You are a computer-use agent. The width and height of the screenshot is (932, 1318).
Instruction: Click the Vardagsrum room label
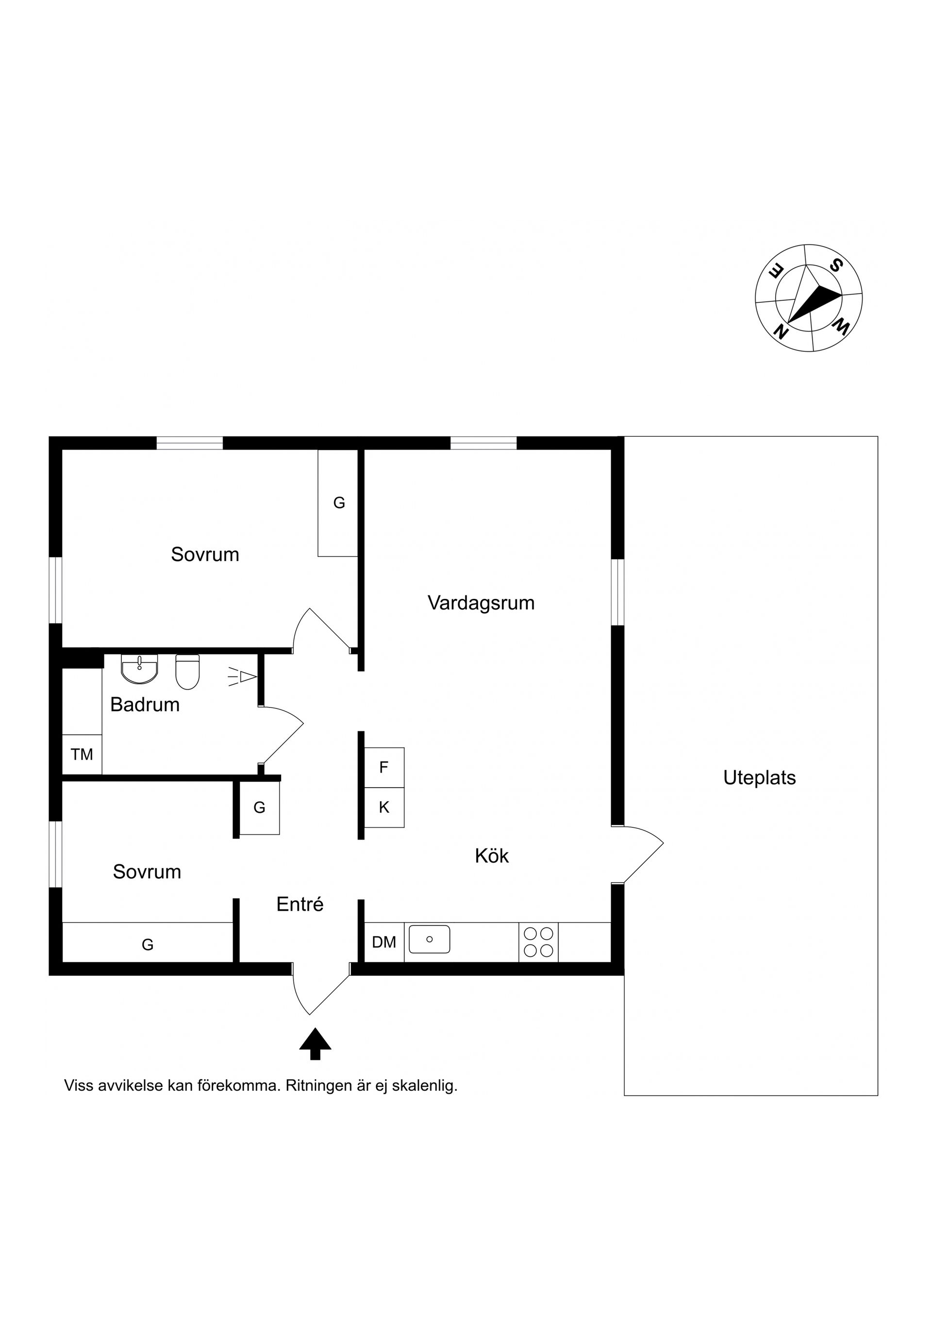pyautogui.click(x=481, y=603)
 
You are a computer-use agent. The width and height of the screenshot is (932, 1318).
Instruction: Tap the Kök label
pyautogui.click(x=492, y=856)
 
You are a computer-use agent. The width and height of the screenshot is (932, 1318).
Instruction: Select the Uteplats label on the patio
pyautogui.click(x=759, y=778)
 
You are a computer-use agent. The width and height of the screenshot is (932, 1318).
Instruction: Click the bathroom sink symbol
pyautogui.click(x=139, y=669)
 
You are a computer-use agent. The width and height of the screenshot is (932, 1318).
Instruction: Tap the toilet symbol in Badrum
pyautogui.click(x=187, y=672)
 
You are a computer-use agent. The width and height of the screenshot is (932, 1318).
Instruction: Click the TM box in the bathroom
pyautogui.click(x=82, y=754)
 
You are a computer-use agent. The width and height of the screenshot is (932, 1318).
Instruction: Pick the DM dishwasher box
pyautogui.click(x=384, y=942)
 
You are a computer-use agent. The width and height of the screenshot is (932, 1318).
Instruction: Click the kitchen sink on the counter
pyautogui.click(x=429, y=939)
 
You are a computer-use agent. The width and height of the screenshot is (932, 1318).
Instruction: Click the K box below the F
pyautogui.click(x=384, y=807)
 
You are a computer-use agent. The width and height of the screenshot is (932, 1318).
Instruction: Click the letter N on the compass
pyautogui.click(x=781, y=331)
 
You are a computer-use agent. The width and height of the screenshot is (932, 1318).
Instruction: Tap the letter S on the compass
pyautogui.click(x=835, y=265)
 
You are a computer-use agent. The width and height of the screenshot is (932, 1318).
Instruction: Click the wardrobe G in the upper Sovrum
pyautogui.click(x=339, y=503)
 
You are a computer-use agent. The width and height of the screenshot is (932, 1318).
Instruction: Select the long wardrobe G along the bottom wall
pyautogui.click(x=148, y=944)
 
